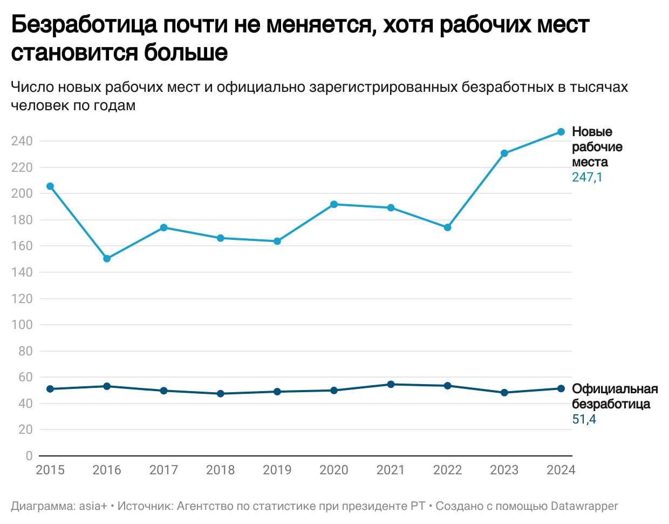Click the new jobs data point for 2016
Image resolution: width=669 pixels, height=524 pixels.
point(107,259)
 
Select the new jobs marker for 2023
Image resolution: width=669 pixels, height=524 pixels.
point(504,153)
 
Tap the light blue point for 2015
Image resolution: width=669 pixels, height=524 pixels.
point(50,186)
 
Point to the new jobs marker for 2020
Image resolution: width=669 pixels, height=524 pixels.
point(334,204)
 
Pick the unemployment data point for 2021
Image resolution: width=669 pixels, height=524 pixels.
point(391,385)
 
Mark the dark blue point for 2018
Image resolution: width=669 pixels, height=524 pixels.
point(220,394)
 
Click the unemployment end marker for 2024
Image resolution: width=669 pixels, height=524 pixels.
point(561,388)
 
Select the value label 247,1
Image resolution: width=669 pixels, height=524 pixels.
point(587,177)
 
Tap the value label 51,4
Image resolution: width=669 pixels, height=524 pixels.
point(584,419)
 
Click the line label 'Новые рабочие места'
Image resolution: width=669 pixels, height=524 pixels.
point(597,147)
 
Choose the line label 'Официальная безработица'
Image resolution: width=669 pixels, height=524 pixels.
point(615,397)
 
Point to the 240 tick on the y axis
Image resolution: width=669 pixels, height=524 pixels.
point(22,141)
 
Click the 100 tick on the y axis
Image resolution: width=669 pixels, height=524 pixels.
point(22,325)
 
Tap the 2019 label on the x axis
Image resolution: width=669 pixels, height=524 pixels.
point(277,470)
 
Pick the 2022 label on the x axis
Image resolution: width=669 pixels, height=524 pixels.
point(447,470)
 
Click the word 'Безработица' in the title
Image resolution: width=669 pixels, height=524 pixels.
point(84,25)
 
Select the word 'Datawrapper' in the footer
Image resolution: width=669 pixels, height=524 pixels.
point(584,506)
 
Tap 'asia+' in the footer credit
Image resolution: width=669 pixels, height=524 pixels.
point(93,506)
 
